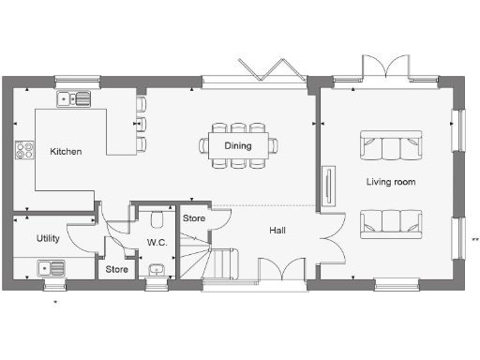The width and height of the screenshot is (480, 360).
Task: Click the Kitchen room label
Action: pos(66,151)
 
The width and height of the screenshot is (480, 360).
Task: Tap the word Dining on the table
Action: pos(237,145)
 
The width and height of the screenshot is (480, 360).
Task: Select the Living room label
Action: pos(392,181)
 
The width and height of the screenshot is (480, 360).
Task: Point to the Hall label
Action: pos(278,230)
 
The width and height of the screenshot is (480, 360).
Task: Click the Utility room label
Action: pos(48,238)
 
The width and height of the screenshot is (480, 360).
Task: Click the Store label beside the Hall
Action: pos(193,218)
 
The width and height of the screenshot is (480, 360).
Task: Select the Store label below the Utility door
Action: pos(116,270)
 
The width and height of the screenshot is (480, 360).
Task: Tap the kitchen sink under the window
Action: pos(72,97)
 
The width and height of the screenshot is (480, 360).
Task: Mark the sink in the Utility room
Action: pos(51,268)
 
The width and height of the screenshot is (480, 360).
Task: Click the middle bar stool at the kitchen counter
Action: pos(141,124)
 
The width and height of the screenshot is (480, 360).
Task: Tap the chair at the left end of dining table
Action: pos(202,145)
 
